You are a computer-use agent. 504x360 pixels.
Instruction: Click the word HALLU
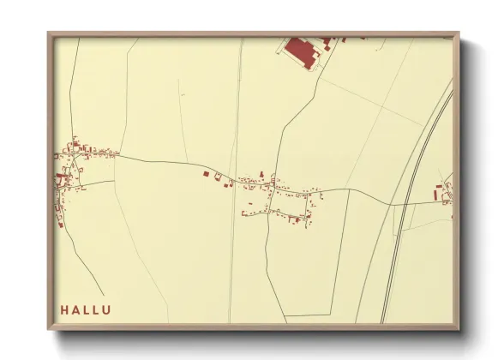pyautogui.click(x=85, y=309)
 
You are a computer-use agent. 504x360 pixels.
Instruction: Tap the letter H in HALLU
pyautogui.click(x=64, y=309)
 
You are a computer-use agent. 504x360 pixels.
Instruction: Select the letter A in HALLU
pyautogui.click(x=75, y=309)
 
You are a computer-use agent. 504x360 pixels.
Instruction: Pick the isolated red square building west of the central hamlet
pyautogui.click(x=206, y=174)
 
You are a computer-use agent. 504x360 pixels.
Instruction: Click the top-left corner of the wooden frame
pyautogui.click(x=49, y=33)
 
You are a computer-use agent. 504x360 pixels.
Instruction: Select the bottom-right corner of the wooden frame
pyautogui.click(x=459, y=329)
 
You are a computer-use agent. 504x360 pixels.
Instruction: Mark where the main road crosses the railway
pyautogui.click(x=405, y=204)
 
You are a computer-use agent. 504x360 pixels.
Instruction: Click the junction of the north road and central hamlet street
pyautogui.click(x=273, y=183)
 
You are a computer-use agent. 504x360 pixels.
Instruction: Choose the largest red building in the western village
pyautogui.click(x=62, y=180)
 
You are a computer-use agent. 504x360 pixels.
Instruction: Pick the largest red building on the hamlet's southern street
pyautogui.click(x=295, y=219)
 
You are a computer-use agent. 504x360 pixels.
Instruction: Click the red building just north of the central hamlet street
pyautogui.click(x=262, y=177)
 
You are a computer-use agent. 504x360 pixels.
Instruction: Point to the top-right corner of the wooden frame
pyautogui.click(x=459, y=33)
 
